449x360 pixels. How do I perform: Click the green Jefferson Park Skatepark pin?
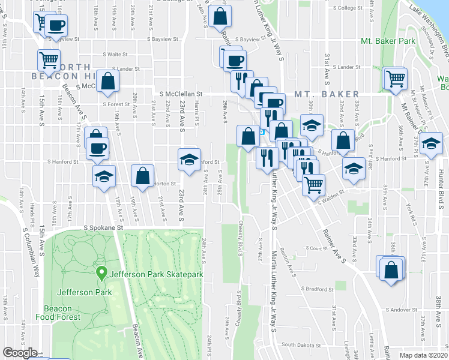pos(102,275)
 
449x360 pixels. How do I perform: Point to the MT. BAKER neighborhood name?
pos(327,94)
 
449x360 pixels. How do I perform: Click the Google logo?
pos(20,353)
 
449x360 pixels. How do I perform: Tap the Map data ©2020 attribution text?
pos(423,355)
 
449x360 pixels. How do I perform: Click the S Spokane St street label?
pos(103,228)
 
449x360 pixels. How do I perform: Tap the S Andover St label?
pos(396,310)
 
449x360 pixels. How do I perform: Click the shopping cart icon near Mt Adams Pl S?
pos(395,78)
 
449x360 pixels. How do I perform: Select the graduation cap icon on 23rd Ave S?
pos(188,160)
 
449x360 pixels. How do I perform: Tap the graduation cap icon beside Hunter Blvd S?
pos(430,144)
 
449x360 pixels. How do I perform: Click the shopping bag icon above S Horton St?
pos(143,176)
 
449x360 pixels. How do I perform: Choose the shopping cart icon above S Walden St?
pos(313,185)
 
